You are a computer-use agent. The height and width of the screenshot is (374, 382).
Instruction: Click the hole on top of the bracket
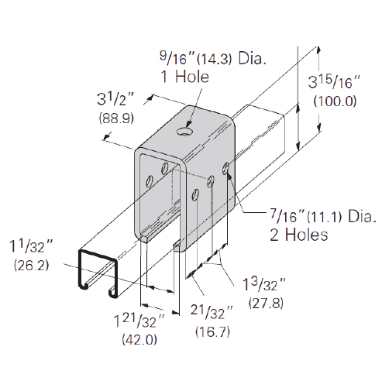click(x=185, y=132)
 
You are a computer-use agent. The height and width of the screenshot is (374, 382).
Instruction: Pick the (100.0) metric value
click(x=335, y=101)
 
